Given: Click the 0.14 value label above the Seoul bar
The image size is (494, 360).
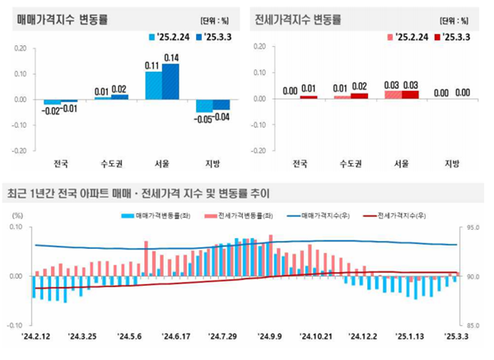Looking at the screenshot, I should tap(171, 57).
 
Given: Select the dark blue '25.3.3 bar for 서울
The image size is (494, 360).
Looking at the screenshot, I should tap(170, 82).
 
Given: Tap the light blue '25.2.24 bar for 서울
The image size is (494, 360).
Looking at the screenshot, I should tap(153, 86).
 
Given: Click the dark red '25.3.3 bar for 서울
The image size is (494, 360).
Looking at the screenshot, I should tap(409, 95).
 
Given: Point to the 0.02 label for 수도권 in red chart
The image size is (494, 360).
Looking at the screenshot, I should tap(360, 86).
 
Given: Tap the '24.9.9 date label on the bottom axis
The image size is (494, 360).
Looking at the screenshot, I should tap(270, 337).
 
